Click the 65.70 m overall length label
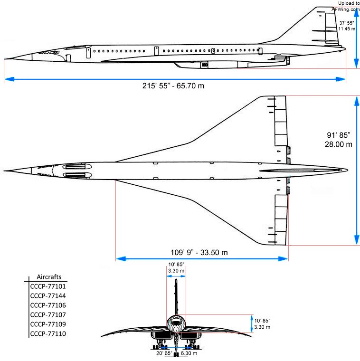pyautogui.click(x=190, y=86)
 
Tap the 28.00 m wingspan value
pyautogui.click(x=338, y=144)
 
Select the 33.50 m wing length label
pyautogui.click(x=214, y=253)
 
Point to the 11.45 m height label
pyautogui.click(x=346, y=29)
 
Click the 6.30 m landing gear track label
pyautogui.click(x=189, y=353)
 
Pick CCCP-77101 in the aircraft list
pyautogui.click(x=48, y=286)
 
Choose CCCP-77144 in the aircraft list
pyautogui.click(x=48, y=296)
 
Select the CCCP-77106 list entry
pyautogui.click(x=48, y=305)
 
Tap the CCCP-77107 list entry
pyautogui.click(x=48, y=315)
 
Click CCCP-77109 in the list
pyautogui.click(x=48, y=324)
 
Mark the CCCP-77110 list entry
pyautogui.click(x=48, y=333)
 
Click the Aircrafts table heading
pyautogui.click(x=49, y=277)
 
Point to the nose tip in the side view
pyautogui.click(x=5, y=59)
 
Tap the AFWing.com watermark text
pyautogui.click(x=345, y=9)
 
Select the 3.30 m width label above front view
pyautogui.click(x=176, y=271)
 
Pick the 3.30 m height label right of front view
pyautogui.click(x=262, y=327)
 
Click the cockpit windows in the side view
pyautogui.click(x=49, y=53)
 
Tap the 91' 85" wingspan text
pyautogui.click(x=339, y=135)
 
